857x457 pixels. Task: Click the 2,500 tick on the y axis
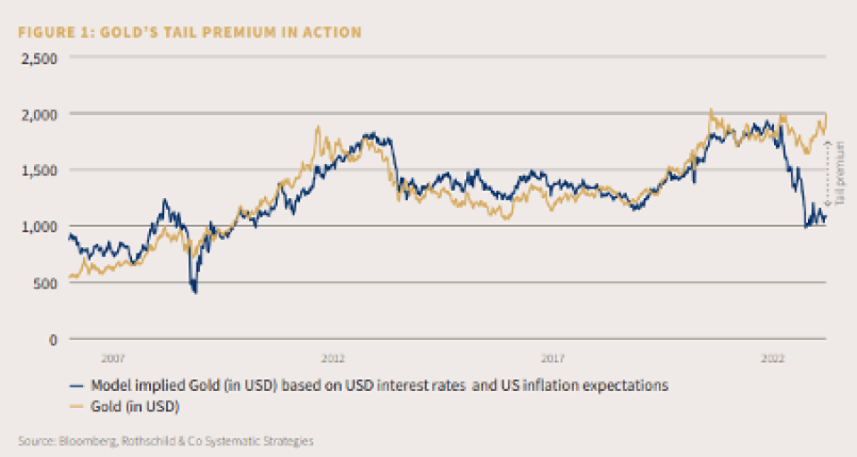(x=38, y=58)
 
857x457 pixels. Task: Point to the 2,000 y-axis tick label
(x=38, y=114)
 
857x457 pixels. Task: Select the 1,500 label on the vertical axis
(x=38, y=170)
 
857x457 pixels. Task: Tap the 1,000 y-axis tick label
(x=38, y=227)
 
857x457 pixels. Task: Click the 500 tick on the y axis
(x=46, y=283)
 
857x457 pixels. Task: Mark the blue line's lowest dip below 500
(x=195, y=291)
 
